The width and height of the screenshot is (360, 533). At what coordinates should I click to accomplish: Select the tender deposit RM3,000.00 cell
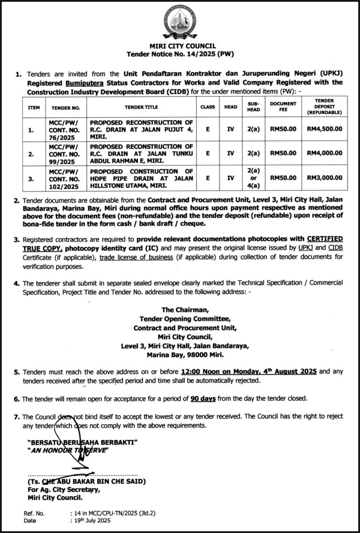tap(324, 178)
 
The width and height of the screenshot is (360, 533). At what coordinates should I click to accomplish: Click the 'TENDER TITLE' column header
tap(141, 107)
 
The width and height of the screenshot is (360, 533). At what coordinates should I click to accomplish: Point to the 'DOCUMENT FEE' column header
tap(283, 106)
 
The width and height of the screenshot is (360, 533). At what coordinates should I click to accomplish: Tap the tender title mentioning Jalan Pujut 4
tap(141, 129)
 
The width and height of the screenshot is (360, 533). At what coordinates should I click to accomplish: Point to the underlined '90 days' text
tap(203, 399)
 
